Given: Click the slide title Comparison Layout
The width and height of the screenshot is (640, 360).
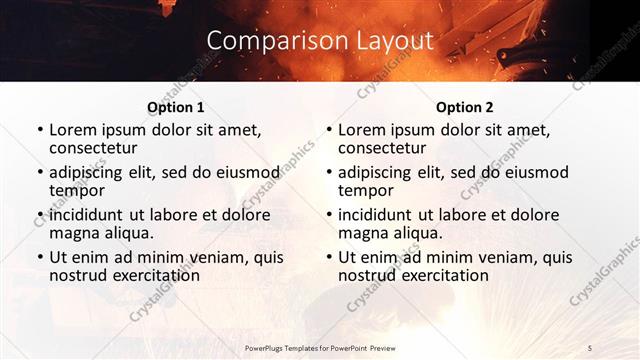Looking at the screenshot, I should click(320, 40).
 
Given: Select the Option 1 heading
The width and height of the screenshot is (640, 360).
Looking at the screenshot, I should click(176, 107).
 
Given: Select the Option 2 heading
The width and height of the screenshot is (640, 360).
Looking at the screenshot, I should click(465, 107).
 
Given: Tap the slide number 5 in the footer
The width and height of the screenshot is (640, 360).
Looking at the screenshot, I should click(590, 347).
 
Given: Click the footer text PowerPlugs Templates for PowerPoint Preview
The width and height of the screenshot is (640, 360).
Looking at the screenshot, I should click(320, 347).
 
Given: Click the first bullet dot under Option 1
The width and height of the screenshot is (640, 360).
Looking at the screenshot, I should click(39, 130).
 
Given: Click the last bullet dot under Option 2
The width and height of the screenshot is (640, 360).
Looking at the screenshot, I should click(328, 258).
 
